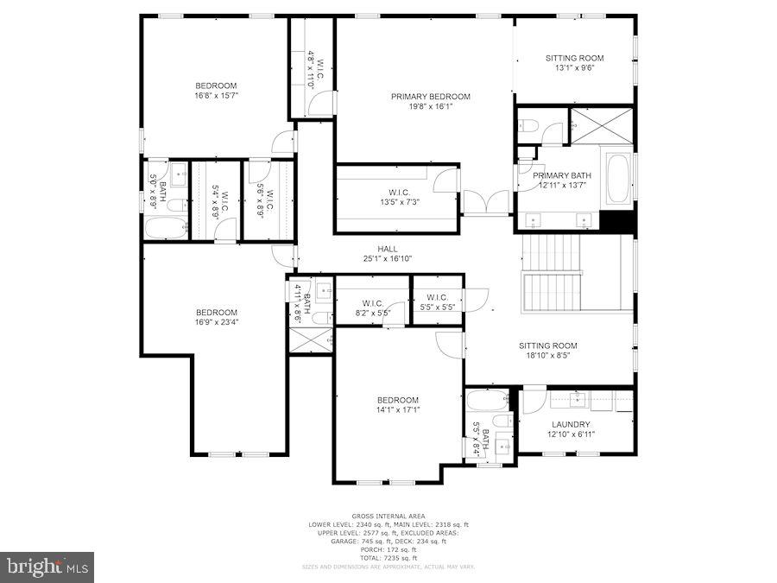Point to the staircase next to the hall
pos(553,276)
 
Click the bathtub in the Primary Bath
pos(618,178)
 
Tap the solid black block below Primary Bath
pos(616,221)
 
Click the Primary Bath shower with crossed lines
pos(602,125)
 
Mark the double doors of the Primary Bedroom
pos(487,203)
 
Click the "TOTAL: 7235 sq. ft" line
pos(387,557)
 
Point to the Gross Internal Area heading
pos(387,516)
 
